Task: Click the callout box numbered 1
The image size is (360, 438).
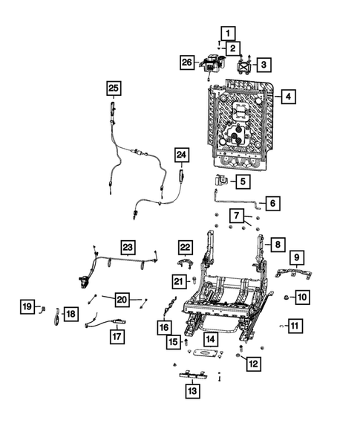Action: pyautogui.click(x=227, y=32)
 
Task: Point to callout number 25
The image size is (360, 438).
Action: pyautogui.click(x=113, y=88)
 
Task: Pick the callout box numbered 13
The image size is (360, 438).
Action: pyautogui.click(x=192, y=390)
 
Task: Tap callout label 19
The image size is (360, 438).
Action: pyautogui.click(x=27, y=306)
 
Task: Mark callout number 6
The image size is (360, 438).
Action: pyautogui.click(x=272, y=202)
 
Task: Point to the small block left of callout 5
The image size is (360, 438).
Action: pyautogui.click(x=221, y=179)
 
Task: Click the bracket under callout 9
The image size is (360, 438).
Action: pyautogui.click(x=293, y=272)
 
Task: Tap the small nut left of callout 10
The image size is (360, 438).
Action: pyautogui.click(x=286, y=297)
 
